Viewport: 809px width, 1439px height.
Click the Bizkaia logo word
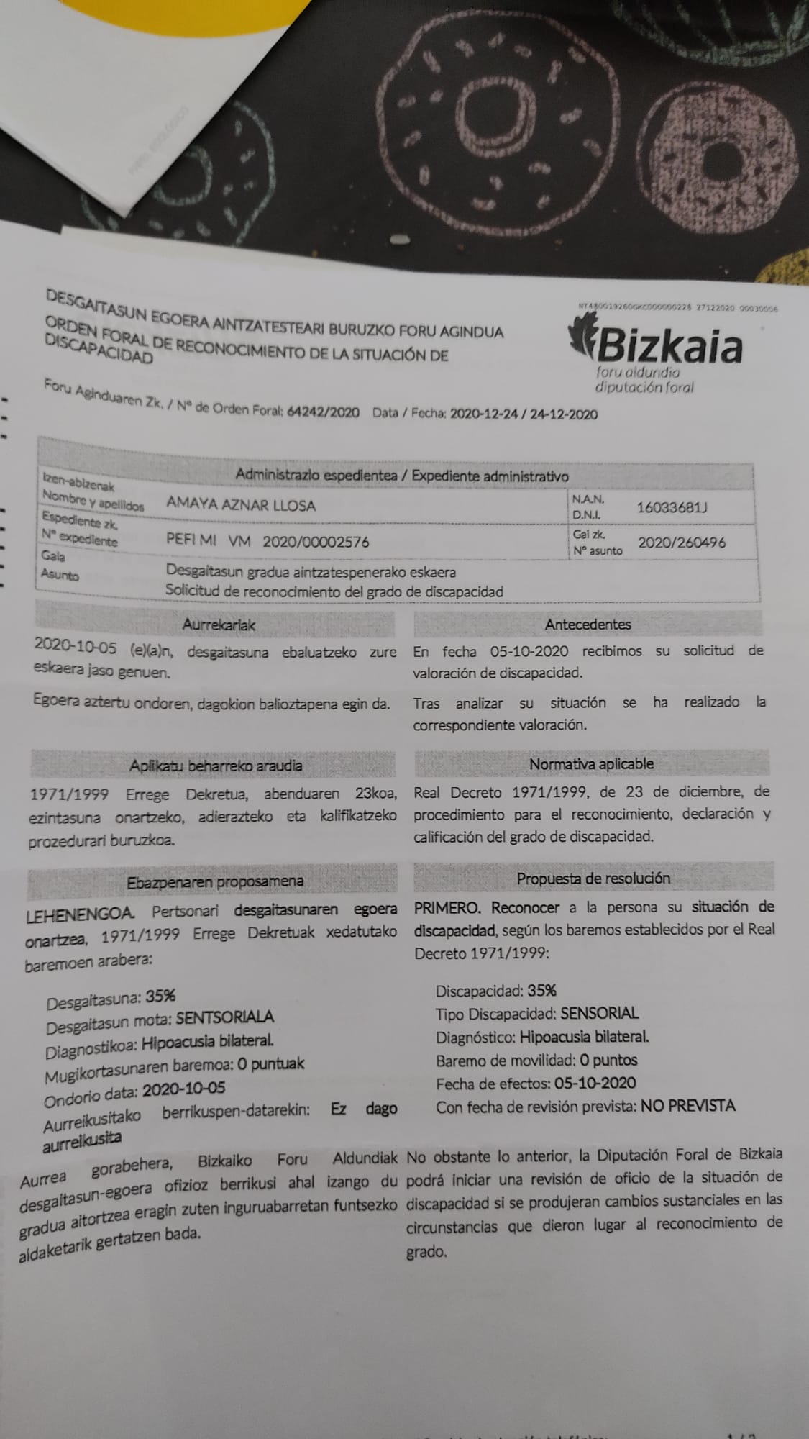[669, 346]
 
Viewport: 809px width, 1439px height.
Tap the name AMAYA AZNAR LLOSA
[241, 505]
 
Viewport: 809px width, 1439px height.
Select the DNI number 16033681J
[672, 507]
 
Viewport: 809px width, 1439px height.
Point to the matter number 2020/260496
[682, 543]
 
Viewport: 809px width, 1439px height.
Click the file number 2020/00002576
[316, 542]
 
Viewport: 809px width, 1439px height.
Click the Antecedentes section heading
[588, 625]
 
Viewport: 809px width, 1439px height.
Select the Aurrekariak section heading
[219, 625]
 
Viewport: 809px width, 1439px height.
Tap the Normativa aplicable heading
[591, 764]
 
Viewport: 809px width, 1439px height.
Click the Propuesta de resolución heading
[593, 879]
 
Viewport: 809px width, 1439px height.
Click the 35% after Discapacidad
[541, 990]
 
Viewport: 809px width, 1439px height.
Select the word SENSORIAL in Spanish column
[599, 1013]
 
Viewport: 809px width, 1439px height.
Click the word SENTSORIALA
[224, 1017]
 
